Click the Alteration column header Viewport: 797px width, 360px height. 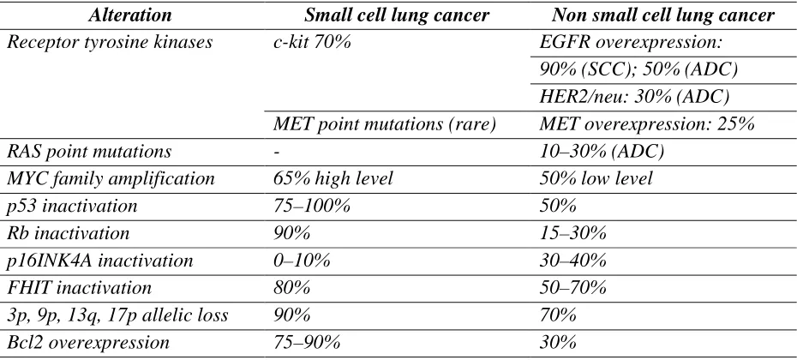(x=130, y=15)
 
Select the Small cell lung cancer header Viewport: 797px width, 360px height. (x=397, y=15)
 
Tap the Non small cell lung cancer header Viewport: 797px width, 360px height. (x=662, y=15)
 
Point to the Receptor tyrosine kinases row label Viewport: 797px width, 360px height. (x=110, y=43)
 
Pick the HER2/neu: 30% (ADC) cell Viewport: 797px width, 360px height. (x=634, y=97)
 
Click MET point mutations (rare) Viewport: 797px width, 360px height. (x=384, y=124)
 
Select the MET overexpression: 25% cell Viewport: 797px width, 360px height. (x=646, y=124)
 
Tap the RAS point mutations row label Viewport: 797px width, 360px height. (x=89, y=152)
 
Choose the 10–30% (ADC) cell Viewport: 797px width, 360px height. (x=602, y=152)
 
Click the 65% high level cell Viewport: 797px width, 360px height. (x=333, y=179)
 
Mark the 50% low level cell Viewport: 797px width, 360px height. (x=596, y=179)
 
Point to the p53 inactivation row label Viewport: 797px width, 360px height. (x=72, y=207)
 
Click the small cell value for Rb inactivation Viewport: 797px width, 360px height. (x=291, y=234)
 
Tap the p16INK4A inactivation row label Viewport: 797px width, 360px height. (x=100, y=261)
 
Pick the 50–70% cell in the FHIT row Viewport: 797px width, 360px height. (x=572, y=289)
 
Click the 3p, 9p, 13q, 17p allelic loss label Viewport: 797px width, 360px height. (x=117, y=316)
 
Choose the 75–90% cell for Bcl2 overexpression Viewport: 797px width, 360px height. (x=307, y=343)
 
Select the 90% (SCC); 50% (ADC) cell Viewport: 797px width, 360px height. (x=638, y=69)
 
